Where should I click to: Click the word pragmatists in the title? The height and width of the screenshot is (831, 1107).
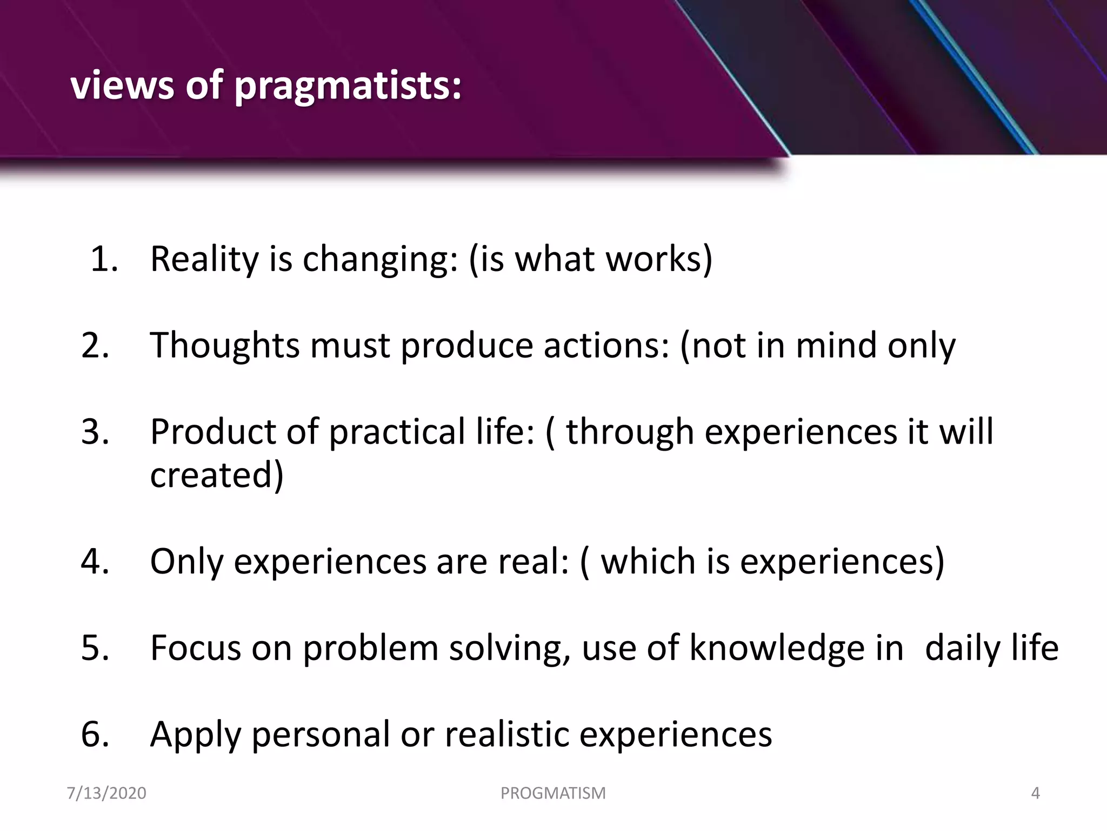click(348, 87)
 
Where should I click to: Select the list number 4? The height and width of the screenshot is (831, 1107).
click(95, 561)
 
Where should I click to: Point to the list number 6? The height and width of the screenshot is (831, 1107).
click(95, 734)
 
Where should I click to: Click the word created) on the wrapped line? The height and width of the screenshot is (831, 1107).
click(216, 475)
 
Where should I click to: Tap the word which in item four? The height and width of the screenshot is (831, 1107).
click(648, 561)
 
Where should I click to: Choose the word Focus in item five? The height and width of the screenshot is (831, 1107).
click(195, 648)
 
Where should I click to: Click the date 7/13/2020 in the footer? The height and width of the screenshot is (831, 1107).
click(106, 793)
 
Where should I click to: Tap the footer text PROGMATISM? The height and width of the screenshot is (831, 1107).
click(553, 793)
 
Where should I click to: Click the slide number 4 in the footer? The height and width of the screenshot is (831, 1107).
click(1035, 793)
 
